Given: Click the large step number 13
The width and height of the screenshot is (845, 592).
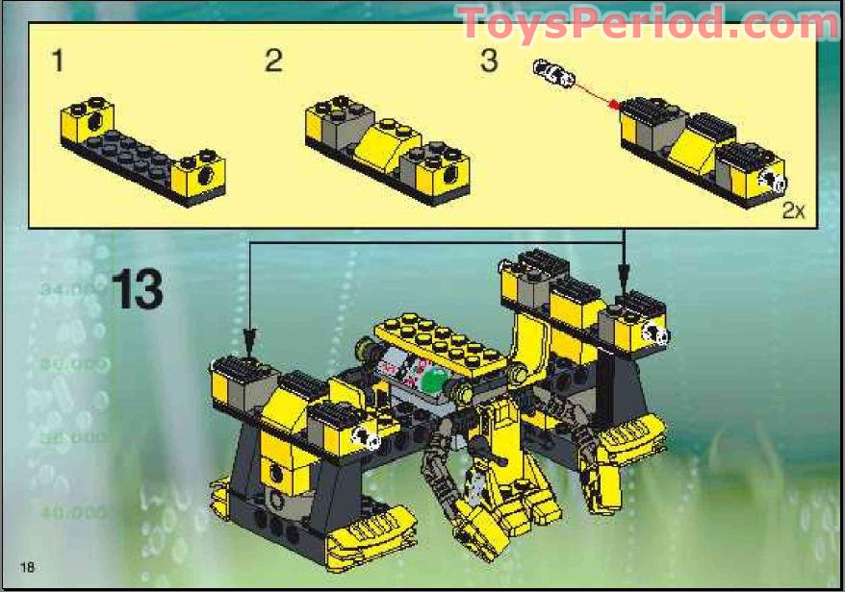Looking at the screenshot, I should tap(137, 289).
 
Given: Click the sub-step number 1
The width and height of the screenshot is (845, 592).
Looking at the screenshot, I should tap(58, 62).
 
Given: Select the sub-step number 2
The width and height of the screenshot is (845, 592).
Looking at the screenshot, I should tap(274, 62).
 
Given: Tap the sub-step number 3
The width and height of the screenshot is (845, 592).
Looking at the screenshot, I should tap(489, 62).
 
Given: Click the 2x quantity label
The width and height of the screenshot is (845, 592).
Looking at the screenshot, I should tap(792, 211).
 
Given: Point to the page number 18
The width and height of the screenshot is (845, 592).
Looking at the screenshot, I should tap(26, 567).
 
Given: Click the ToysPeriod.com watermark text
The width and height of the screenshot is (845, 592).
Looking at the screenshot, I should tap(647, 23).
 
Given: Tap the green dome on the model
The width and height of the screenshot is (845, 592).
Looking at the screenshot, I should tap(434, 382).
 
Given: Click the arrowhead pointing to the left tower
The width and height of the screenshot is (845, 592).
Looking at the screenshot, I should tap(250, 341).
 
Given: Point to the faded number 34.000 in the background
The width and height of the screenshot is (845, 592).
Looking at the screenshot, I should tap(71, 289).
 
